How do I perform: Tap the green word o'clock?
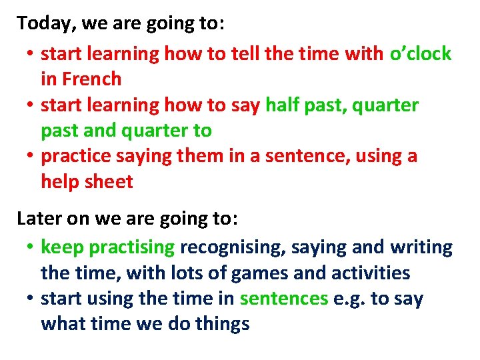(421, 54)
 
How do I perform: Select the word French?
(92, 79)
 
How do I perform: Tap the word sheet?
(111, 182)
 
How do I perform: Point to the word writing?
(421, 248)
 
